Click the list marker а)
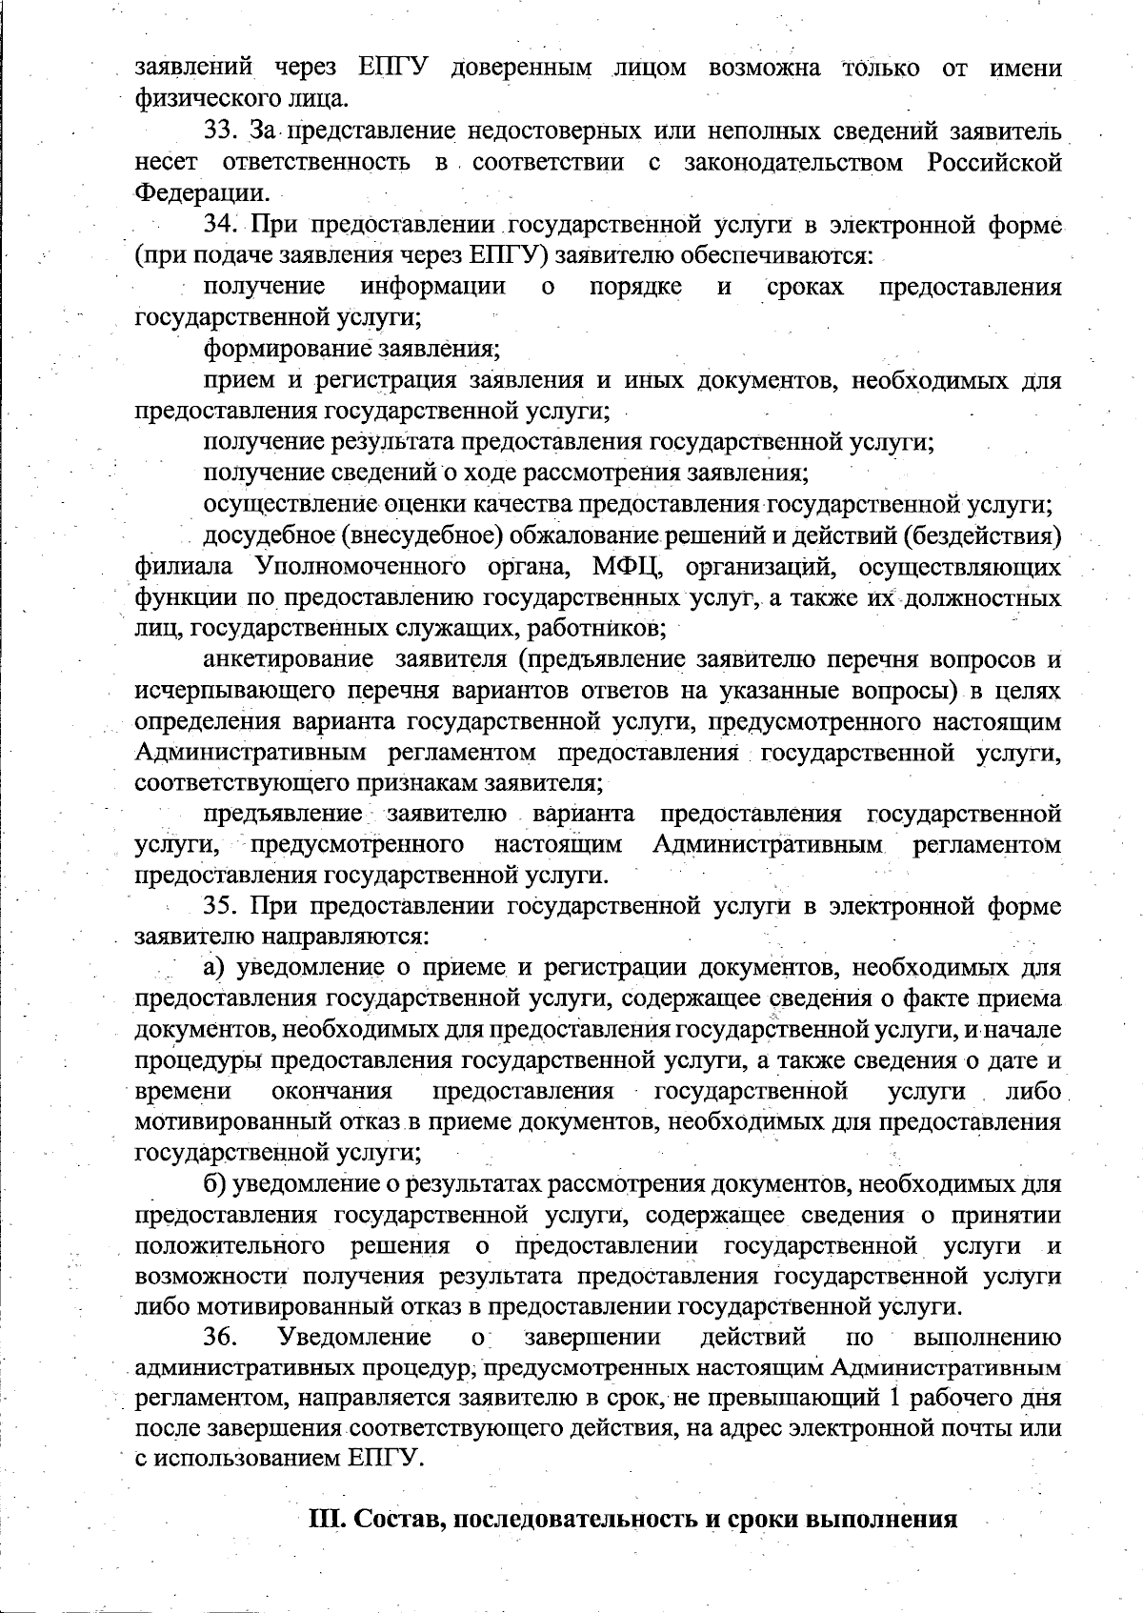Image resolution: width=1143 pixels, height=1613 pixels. pyautogui.click(x=213, y=967)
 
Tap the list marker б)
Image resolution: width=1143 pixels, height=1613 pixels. pyautogui.click(x=214, y=1184)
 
